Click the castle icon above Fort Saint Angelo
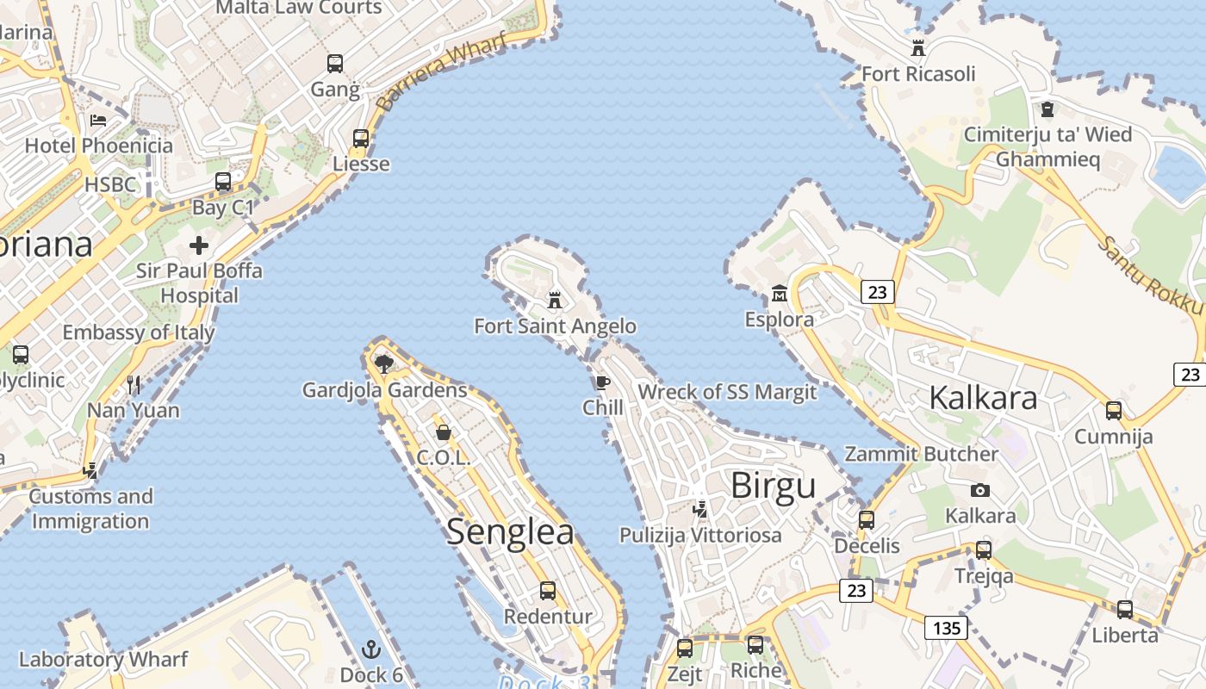point(555,301)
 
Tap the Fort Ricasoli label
point(918,74)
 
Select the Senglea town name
point(510,531)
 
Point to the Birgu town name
point(773,485)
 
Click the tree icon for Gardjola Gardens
point(384,363)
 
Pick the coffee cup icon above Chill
point(602,382)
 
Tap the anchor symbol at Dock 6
point(371,649)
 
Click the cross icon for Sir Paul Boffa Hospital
point(199,245)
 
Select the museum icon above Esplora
point(780,294)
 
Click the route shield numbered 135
point(946,628)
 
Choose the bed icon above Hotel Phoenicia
point(98,120)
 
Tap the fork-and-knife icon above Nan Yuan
point(134,384)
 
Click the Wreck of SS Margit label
point(726,392)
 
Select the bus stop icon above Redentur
point(548,591)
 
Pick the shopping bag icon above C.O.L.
point(444,431)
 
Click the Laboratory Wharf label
point(103,660)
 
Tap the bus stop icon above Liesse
point(361,138)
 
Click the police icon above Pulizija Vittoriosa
point(700,509)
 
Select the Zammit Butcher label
point(921,454)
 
